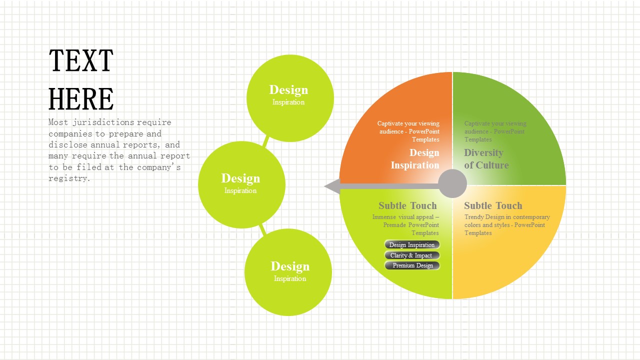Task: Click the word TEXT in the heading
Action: (x=81, y=61)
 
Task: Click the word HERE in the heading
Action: (x=81, y=99)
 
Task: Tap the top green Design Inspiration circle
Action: (x=290, y=97)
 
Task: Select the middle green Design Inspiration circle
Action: (x=241, y=184)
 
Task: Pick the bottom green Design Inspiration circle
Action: (x=288, y=272)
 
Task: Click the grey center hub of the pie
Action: (x=452, y=183)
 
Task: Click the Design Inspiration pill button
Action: (x=412, y=244)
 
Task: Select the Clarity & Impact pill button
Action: (x=412, y=255)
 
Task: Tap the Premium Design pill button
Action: (x=412, y=265)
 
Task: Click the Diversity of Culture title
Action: (x=486, y=159)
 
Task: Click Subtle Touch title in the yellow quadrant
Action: (x=492, y=205)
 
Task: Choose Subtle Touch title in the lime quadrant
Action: (x=407, y=205)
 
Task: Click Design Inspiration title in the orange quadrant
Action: (x=415, y=159)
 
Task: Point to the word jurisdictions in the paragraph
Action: (x=103, y=122)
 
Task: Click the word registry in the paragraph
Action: (x=69, y=178)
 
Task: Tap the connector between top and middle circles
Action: (x=266, y=141)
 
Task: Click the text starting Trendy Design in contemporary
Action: (x=506, y=225)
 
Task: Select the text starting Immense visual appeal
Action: (x=405, y=225)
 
